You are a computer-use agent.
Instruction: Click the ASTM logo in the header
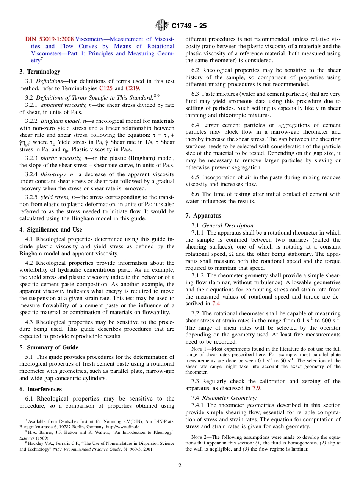pos(162,26)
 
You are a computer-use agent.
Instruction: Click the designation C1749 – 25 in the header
pos(189,26)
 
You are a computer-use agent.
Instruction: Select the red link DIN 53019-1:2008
pos(49,39)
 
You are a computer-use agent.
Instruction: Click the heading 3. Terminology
pos(40,72)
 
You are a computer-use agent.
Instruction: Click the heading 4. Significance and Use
pos(51,230)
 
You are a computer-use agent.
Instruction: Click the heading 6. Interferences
pos(41,389)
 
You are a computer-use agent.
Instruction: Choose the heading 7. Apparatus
pos(203,216)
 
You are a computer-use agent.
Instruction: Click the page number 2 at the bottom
pos(180,466)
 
